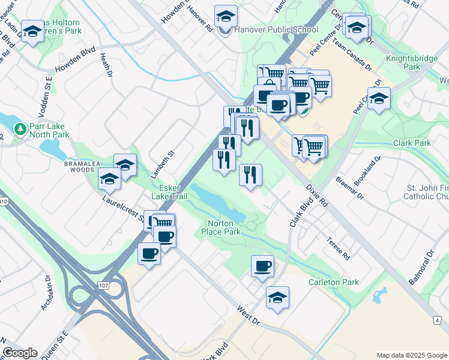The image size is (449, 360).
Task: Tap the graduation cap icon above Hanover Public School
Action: tap(226, 16)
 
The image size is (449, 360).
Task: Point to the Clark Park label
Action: tap(412, 143)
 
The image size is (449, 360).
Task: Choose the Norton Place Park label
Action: tap(221, 227)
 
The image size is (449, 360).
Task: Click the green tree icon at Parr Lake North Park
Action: tap(20, 128)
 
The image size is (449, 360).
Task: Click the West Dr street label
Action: tap(248, 316)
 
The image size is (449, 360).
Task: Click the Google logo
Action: tap(20, 353)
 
